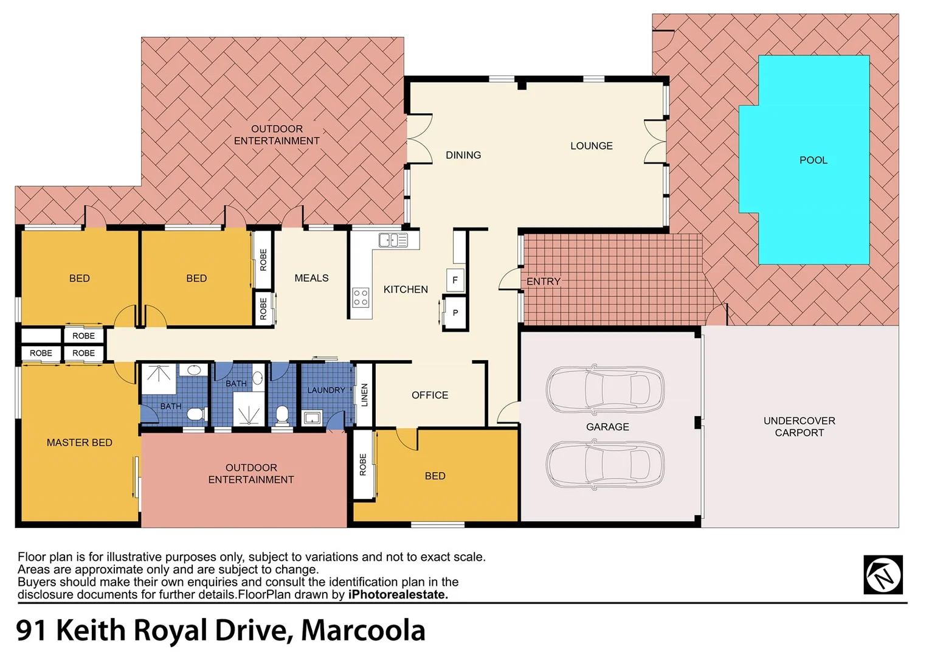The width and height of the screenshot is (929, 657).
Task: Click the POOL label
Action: (x=813, y=160)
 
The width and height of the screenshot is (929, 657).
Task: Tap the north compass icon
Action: (x=883, y=574)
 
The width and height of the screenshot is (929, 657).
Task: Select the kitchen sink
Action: (x=393, y=240)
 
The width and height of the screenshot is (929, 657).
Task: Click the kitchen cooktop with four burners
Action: (x=361, y=297)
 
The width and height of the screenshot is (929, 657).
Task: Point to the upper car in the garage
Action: (x=604, y=389)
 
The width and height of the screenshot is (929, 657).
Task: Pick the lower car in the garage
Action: (x=604, y=465)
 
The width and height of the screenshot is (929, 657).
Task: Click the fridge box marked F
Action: (x=455, y=280)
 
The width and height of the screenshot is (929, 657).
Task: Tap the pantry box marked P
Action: (x=455, y=313)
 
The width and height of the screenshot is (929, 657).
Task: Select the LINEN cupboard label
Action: (x=364, y=395)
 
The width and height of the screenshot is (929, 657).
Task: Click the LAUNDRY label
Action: (x=326, y=390)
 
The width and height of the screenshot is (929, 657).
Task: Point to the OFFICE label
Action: (x=430, y=395)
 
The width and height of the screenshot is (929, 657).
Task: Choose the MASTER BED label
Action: (x=80, y=442)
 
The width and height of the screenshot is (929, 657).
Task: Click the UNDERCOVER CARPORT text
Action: (x=799, y=426)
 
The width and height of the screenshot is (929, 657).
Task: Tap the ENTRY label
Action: (x=543, y=281)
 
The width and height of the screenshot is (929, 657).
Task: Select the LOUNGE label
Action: (x=591, y=146)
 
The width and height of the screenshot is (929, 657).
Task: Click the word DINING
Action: (x=463, y=155)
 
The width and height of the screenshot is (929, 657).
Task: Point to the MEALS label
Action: (x=311, y=278)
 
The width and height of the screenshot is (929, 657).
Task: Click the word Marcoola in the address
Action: (x=363, y=630)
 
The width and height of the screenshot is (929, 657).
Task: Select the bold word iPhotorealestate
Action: (x=398, y=594)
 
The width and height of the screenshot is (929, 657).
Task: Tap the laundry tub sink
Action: (x=313, y=417)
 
